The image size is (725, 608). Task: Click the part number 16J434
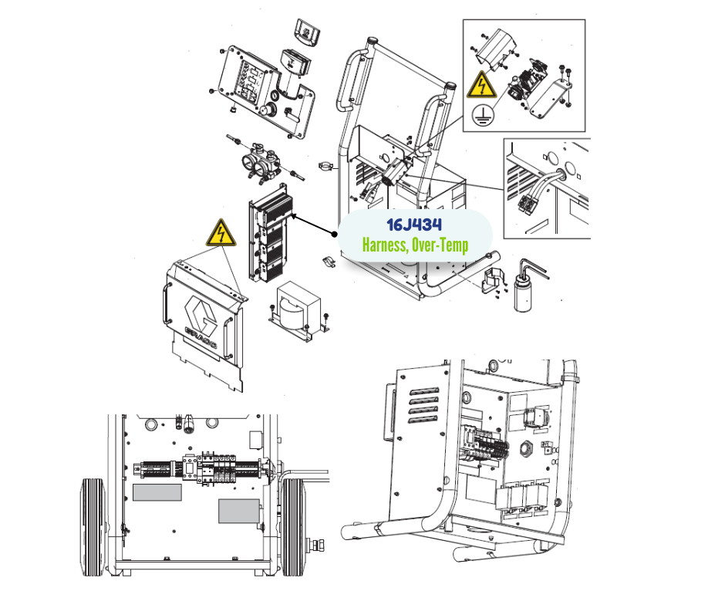coord(414,225)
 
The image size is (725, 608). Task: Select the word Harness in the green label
coord(385,245)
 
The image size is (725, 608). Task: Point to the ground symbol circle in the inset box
coord(483,114)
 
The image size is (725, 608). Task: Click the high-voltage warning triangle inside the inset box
coord(482,85)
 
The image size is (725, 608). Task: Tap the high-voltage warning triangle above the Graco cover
coord(221,233)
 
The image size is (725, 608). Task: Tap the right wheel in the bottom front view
coord(293,527)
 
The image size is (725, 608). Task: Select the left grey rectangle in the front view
coord(157,492)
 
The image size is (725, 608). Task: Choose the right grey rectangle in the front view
coord(239,511)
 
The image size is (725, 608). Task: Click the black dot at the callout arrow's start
coord(335,234)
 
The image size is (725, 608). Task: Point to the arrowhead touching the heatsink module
coord(294,215)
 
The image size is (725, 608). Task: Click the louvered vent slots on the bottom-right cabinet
coord(424,405)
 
